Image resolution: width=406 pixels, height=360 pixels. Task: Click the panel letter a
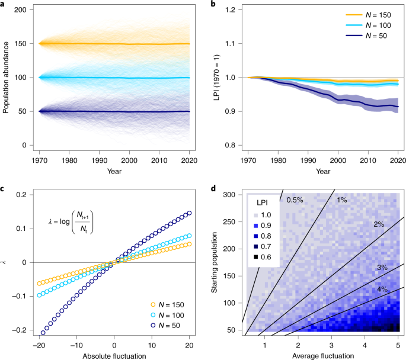pyautogui.click(x=4, y=4)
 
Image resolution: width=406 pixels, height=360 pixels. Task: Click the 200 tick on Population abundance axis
pyautogui.click(x=20, y=11)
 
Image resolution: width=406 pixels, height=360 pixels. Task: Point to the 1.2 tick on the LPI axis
pyautogui.click(x=228, y=11)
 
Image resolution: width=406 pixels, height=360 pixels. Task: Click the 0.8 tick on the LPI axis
pyautogui.click(x=228, y=146)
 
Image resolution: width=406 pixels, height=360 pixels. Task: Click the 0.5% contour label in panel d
pyautogui.click(x=295, y=200)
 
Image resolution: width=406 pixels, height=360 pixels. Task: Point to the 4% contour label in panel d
pyautogui.click(x=382, y=290)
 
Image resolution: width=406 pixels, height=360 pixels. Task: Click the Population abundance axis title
pyautogui.click(x=6, y=78)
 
